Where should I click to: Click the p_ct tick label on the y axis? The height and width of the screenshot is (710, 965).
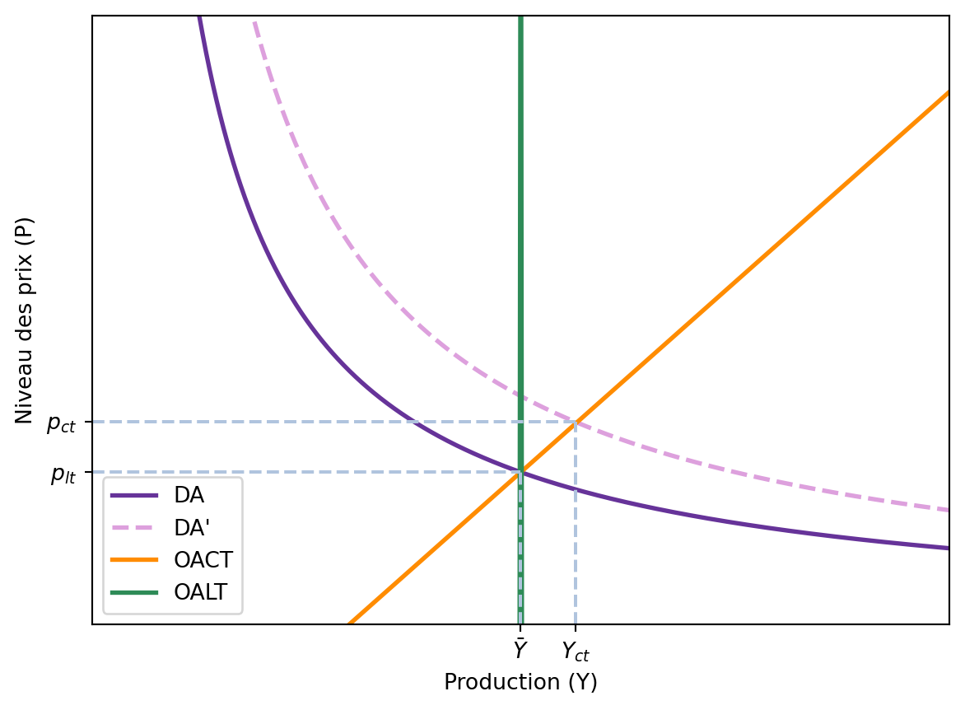tap(61, 423)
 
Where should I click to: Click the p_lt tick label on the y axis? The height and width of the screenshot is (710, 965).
tap(63, 474)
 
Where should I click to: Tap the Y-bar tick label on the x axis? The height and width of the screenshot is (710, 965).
tap(520, 651)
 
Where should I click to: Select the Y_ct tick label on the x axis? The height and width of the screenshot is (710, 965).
tap(576, 652)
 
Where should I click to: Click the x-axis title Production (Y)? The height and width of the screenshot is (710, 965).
tap(520, 682)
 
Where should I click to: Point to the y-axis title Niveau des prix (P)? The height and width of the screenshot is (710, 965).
tap(24, 320)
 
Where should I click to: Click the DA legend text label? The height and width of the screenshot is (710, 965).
tap(189, 495)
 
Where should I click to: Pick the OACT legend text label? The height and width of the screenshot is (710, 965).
tap(203, 560)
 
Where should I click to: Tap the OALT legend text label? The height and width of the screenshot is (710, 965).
tap(201, 592)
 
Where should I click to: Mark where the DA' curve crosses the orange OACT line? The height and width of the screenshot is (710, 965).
tap(576, 423)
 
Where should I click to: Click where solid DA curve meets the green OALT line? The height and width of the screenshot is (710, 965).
tap(520, 472)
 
